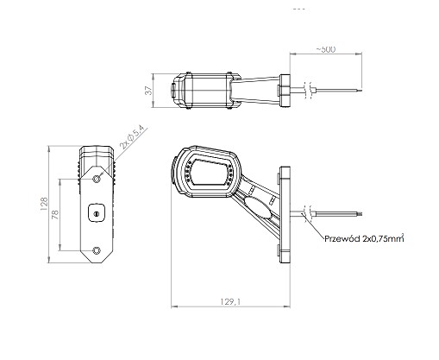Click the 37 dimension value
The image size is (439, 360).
148,91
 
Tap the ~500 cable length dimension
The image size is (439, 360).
326,49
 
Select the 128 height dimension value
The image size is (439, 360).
44,204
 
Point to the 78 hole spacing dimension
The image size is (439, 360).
56,215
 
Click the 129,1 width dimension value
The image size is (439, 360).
230,301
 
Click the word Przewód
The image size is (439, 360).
342,238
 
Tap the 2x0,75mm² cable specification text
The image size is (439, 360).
383,238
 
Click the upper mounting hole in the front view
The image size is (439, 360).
97,179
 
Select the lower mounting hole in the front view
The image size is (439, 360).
97,250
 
